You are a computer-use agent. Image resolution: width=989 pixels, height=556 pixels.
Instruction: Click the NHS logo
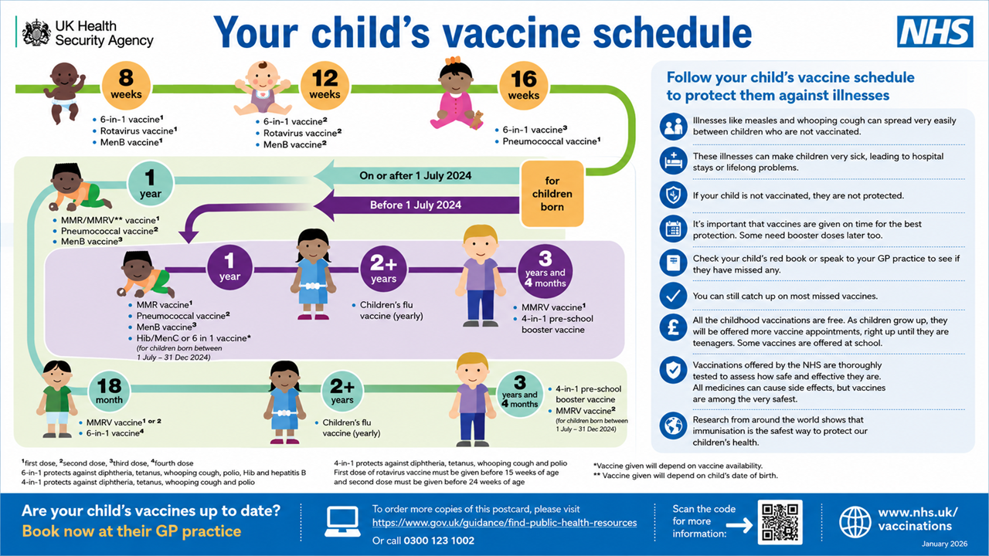point(935,32)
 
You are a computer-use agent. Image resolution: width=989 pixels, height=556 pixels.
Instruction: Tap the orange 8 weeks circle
point(126,85)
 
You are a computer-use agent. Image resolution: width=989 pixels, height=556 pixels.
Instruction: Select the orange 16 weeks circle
point(523,86)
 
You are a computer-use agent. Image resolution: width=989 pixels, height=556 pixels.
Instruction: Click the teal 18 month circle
point(109,391)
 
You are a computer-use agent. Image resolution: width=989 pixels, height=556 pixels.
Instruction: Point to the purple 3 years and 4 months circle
point(545,271)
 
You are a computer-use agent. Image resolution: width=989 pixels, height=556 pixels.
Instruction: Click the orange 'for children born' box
point(552,194)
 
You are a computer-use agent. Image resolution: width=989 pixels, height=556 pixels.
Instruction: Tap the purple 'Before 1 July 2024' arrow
point(415,205)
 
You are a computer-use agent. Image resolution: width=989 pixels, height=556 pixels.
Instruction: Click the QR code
point(780,523)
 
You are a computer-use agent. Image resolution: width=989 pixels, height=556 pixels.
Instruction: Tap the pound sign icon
point(673,328)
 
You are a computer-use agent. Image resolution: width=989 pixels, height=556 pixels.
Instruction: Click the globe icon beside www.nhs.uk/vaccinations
point(855,522)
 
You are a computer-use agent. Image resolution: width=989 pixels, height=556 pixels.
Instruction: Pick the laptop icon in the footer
point(342,521)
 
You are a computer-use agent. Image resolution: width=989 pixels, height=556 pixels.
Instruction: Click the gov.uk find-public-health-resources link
point(505,523)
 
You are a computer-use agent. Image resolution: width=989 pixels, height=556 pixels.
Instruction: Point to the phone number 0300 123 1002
point(439,541)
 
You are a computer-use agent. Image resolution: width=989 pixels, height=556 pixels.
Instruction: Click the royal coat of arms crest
point(36,32)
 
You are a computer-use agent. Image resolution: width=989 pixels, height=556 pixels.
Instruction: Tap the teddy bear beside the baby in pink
point(477,120)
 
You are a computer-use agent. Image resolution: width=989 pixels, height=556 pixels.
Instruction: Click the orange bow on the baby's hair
point(453,60)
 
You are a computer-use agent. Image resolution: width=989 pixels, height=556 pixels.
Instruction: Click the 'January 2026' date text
point(944,544)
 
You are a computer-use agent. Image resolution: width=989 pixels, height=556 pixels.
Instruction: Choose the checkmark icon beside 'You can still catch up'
point(673,296)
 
